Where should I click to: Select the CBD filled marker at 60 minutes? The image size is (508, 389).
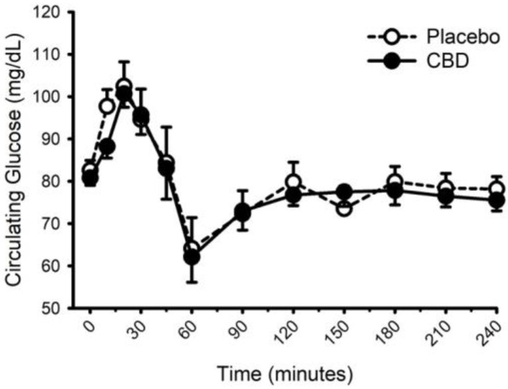coord(191,257)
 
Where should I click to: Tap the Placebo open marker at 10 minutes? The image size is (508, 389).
coord(107,106)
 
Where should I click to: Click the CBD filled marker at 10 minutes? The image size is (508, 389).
coord(107,146)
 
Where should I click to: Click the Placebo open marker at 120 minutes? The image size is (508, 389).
coord(293,182)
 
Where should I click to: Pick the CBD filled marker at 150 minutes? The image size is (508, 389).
coord(344,192)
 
